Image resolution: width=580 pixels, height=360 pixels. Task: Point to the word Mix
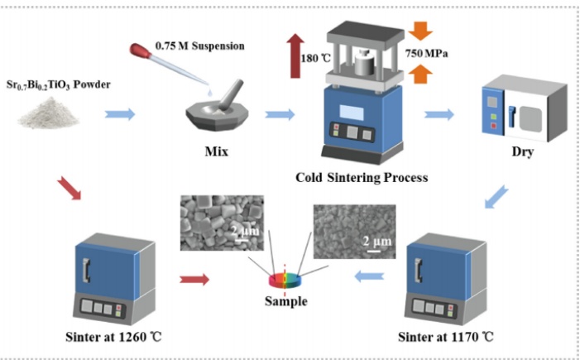click(217, 152)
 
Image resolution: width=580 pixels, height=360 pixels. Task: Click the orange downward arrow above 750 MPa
click(420, 30)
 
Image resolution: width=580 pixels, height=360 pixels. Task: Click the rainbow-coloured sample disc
click(284, 280)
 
